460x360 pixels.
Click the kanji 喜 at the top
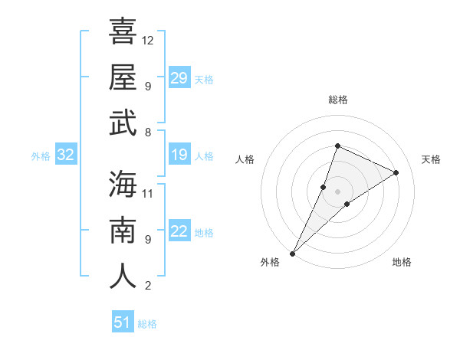123,31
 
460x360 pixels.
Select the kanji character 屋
123,77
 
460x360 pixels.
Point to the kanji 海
123,184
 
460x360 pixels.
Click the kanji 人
123,276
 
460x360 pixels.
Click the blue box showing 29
179,78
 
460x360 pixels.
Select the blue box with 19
179,155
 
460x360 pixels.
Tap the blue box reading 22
179,232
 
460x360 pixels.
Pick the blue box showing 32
65,155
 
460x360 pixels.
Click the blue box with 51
122,322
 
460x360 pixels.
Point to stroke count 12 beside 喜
148,40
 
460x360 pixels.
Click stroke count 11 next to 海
148,193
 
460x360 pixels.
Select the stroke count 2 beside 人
147,286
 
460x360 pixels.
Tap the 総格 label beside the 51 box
147,324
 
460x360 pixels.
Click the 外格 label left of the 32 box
41,156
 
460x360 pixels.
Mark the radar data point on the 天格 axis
396,173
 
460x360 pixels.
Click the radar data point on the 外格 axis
293,253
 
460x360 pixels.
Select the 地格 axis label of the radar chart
402,262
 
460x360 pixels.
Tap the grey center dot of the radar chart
337,191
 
